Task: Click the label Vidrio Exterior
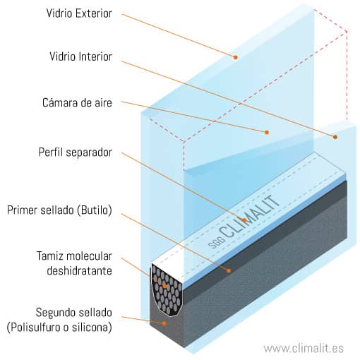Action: (x=79, y=13)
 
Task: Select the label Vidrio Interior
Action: (x=80, y=56)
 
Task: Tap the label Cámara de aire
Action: (x=77, y=103)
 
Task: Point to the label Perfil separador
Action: (x=76, y=152)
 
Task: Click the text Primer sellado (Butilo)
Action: (x=59, y=210)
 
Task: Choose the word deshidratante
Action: (x=79, y=271)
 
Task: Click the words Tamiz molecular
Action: (x=74, y=256)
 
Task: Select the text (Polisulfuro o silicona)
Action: (x=59, y=328)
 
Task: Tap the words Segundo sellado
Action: (x=73, y=313)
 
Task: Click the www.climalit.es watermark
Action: (x=304, y=349)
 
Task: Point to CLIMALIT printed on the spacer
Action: (x=249, y=217)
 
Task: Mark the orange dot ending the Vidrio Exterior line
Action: (x=236, y=57)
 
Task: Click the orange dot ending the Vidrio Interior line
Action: (x=335, y=137)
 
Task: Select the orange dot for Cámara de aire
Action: (x=267, y=133)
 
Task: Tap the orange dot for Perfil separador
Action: (x=244, y=220)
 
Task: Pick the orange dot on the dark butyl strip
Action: (x=229, y=271)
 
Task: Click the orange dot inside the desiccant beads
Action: (x=165, y=287)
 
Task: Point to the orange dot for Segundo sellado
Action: (x=164, y=323)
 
